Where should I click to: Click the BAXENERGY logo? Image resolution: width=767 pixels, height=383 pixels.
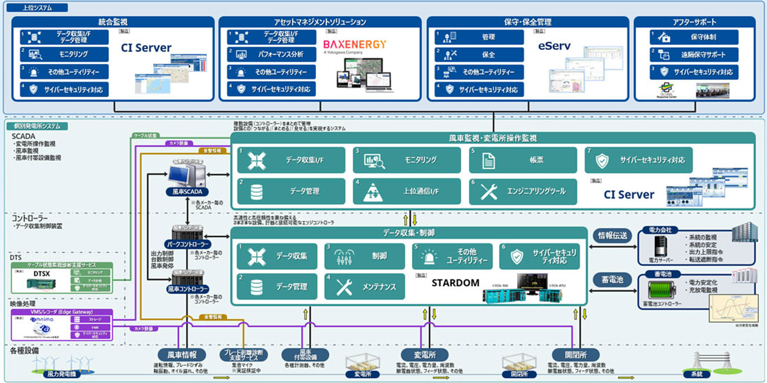(354, 44)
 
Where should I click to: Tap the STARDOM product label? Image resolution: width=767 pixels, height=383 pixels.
(456, 283)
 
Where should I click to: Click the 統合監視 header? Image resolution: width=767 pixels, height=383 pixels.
(112, 22)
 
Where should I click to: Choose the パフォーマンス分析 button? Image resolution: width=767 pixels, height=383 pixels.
(272, 54)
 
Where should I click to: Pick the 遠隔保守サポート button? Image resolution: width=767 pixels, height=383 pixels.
(694, 54)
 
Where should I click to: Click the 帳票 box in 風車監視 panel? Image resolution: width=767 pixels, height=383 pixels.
(523, 160)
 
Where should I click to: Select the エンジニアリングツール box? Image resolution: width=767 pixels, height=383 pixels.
(523, 191)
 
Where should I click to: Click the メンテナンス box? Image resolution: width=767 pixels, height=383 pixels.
(365, 287)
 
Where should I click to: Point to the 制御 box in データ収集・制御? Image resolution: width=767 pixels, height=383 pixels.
(365, 256)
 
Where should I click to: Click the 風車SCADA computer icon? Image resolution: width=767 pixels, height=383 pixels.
(187, 176)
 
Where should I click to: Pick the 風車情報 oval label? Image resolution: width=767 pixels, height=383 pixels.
(182, 354)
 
